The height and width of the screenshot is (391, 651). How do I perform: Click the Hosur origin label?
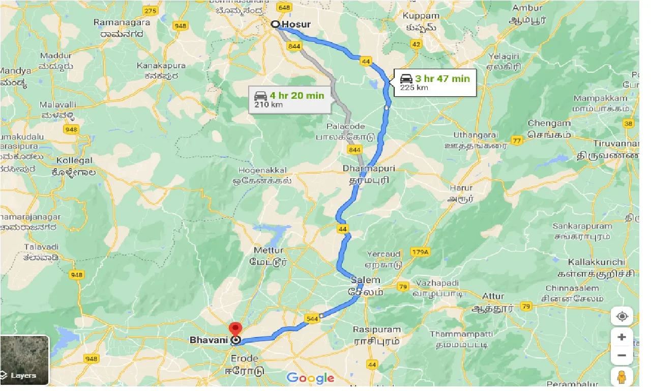[x=298, y=24]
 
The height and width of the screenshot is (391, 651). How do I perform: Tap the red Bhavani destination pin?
[x=235, y=328]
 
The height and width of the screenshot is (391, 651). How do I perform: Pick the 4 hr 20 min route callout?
[x=289, y=100]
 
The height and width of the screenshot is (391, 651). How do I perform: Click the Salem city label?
[x=365, y=281]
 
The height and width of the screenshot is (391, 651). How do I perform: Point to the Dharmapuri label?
[x=369, y=169]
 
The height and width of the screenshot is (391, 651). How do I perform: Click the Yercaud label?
[x=383, y=254]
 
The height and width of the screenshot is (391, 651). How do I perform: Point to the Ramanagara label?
[x=122, y=23]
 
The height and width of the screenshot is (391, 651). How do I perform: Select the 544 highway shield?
[x=313, y=319]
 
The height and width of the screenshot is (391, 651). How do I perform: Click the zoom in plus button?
[x=622, y=337]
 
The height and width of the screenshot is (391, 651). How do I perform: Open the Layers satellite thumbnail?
[x=24, y=360]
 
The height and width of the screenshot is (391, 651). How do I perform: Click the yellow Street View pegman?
[x=622, y=377]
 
